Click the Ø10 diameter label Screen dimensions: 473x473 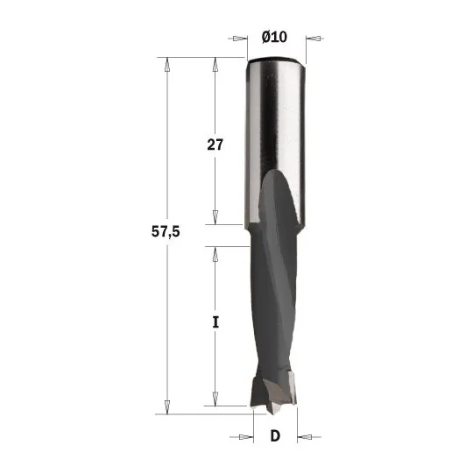tap(274, 37)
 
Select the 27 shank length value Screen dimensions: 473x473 tap(215, 145)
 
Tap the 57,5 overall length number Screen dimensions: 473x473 tap(166, 232)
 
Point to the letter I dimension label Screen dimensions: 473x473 tap(215, 322)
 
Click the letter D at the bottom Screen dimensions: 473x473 tap(275, 436)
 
